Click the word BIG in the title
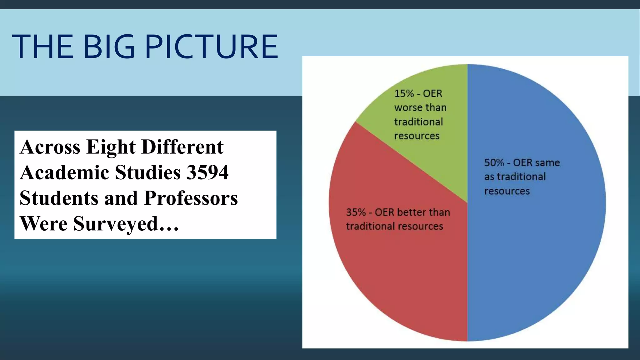click(x=109, y=47)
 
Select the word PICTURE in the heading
click(x=211, y=47)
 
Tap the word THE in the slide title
click(x=42, y=47)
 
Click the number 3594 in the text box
click(x=207, y=172)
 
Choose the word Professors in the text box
click(x=191, y=198)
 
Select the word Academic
click(x=64, y=172)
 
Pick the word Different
click(x=182, y=147)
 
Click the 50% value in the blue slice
click(x=494, y=163)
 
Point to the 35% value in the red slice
click(x=356, y=212)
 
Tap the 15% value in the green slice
click(x=404, y=93)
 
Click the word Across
click(x=50, y=147)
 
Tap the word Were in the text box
click(x=44, y=224)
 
